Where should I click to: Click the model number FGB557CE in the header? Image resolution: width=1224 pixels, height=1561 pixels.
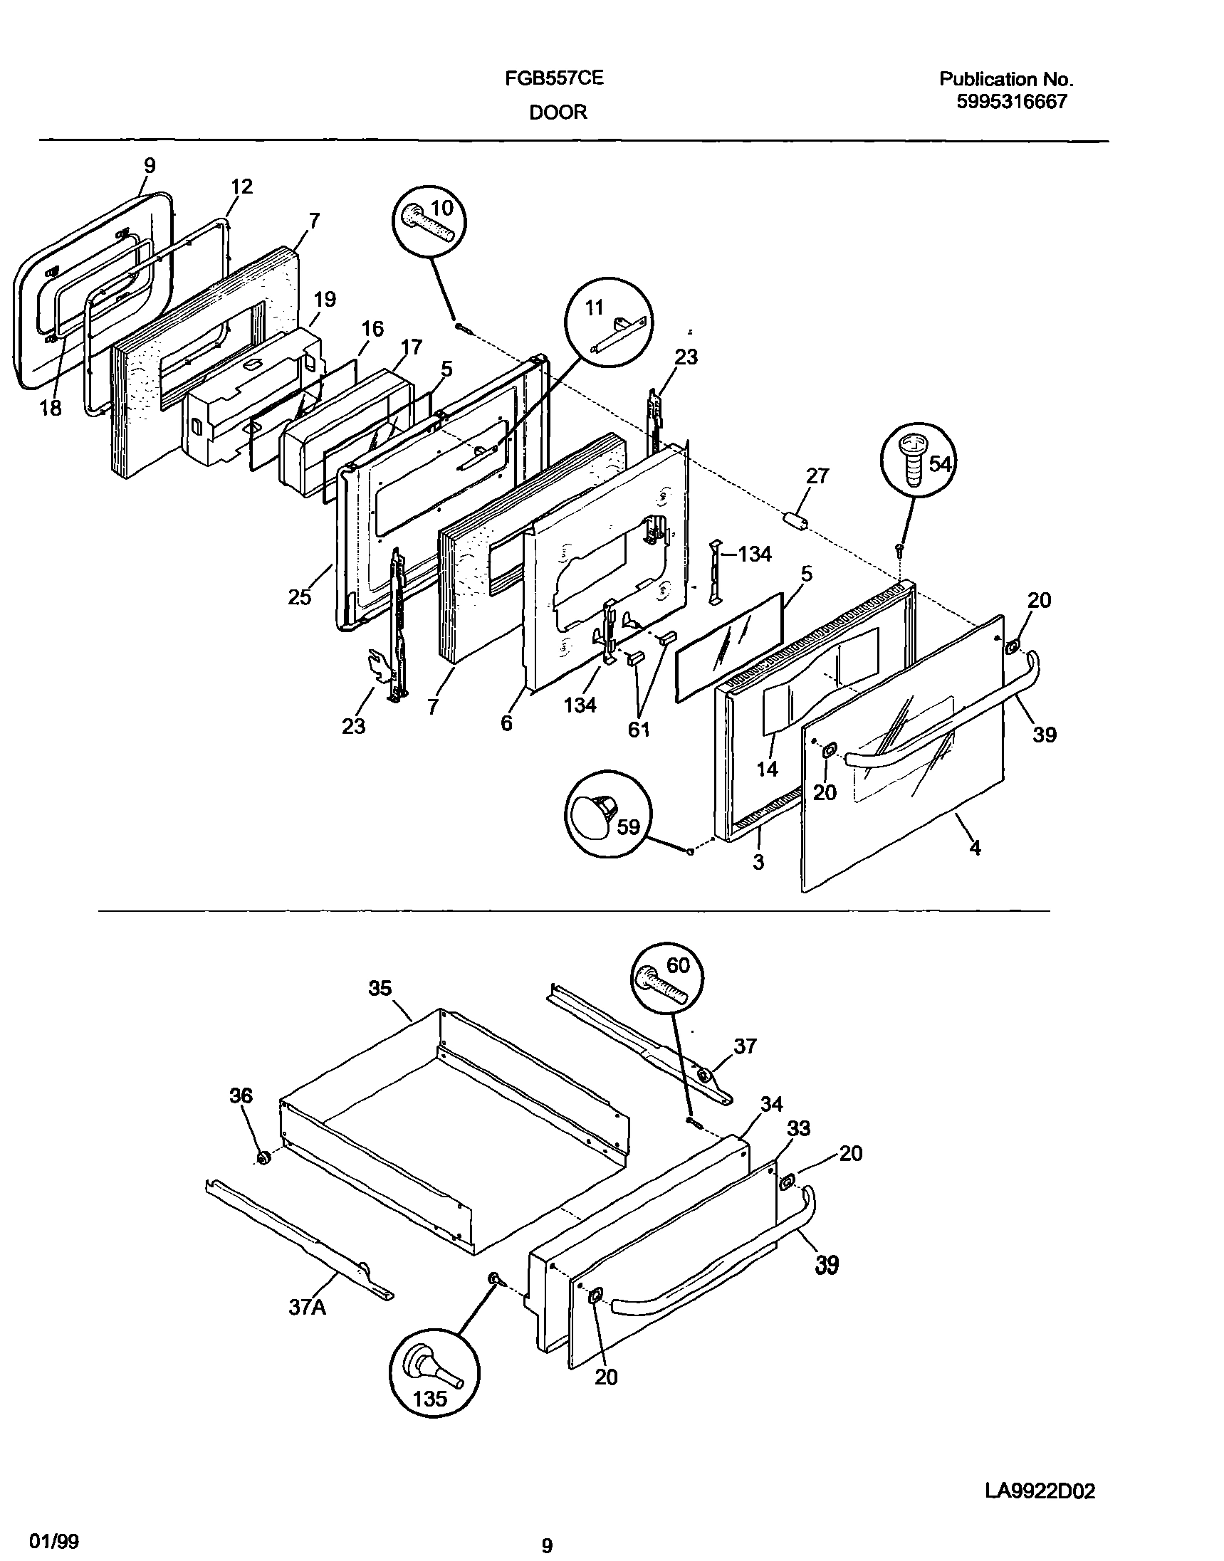[x=554, y=78]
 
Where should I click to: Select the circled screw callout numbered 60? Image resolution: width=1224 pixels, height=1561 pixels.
[x=667, y=978]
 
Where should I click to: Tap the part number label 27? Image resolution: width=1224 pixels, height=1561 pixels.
[x=817, y=475]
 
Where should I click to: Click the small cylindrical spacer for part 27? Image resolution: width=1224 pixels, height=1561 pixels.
[x=795, y=521]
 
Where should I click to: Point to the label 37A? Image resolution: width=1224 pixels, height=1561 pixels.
[x=308, y=1308]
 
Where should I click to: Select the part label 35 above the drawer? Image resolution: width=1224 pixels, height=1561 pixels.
[x=380, y=989]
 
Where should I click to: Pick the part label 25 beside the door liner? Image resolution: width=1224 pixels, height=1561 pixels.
[x=299, y=596]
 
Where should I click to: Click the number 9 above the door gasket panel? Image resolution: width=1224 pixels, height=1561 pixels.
[x=149, y=165]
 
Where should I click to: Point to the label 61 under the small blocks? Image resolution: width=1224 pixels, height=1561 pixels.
[x=639, y=730]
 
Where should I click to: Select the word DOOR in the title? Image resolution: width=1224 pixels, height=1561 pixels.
[x=558, y=112]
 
